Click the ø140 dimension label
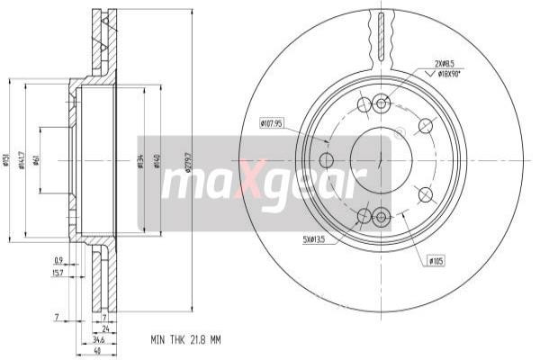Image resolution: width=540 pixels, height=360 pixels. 157,162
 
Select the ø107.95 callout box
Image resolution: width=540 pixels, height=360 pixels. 273,122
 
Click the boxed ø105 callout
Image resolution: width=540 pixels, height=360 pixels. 436,260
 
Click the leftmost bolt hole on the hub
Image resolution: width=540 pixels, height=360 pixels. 327,160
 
